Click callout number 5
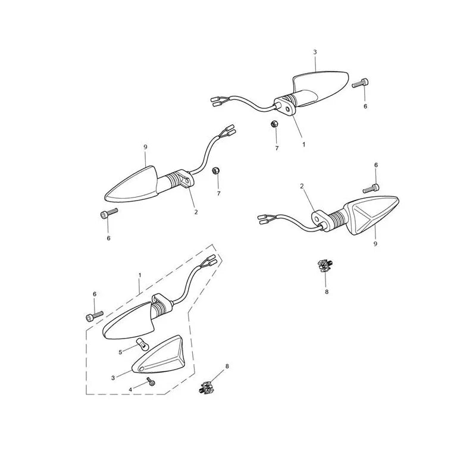point(121,352)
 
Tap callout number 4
point(130,390)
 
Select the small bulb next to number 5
point(142,344)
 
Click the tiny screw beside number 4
point(151,381)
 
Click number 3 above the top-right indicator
point(315,52)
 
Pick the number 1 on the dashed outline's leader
point(140,275)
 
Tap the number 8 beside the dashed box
point(227,366)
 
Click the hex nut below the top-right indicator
point(274,124)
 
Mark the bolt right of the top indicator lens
point(361,83)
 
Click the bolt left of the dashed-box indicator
point(95,316)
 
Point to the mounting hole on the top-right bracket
point(287,108)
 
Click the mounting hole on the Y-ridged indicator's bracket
point(317,218)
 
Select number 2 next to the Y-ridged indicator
point(302,186)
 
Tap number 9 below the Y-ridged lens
point(375,244)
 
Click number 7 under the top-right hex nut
point(277,148)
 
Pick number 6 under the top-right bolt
point(365,107)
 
